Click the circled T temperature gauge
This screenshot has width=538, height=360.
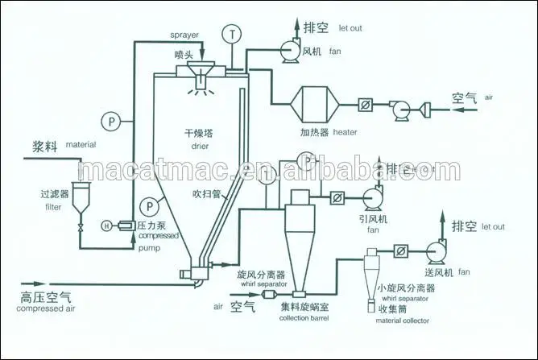pyautogui.click(x=233, y=35)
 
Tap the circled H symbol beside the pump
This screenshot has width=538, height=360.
pyautogui.click(x=106, y=227)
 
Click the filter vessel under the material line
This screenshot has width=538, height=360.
pyautogui.click(x=81, y=198)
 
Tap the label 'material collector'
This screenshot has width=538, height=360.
pyautogui.click(x=401, y=321)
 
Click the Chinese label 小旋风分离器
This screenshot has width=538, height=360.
pyautogui.click(x=407, y=286)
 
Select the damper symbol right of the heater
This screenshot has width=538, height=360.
pyautogui.click(x=366, y=104)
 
